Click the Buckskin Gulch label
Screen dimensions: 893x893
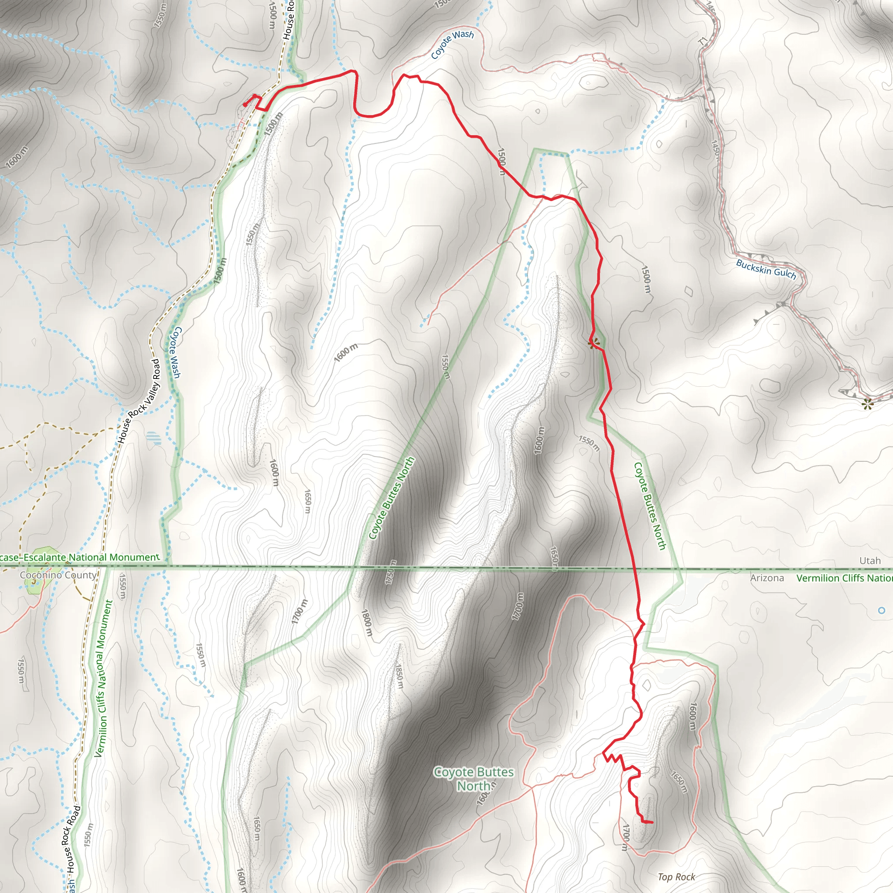click(x=766, y=269)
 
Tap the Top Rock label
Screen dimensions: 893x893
click(x=676, y=877)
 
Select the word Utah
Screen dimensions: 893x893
click(x=869, y=561)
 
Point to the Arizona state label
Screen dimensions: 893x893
click(x=767, y=578)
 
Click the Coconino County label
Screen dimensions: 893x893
click(x=58, y=575)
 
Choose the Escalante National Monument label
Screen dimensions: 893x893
click(x=79, y=557)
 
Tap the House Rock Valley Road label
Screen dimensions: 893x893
click(x=140, y=401)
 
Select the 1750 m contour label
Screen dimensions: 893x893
click(x=391, y=572)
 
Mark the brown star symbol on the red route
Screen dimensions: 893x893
click(x=594, y=342)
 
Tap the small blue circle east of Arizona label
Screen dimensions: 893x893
click(x=881, y=610)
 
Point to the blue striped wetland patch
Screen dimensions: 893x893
click(x=154, y=438)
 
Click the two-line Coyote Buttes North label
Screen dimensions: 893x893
click(x=474, y=778)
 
